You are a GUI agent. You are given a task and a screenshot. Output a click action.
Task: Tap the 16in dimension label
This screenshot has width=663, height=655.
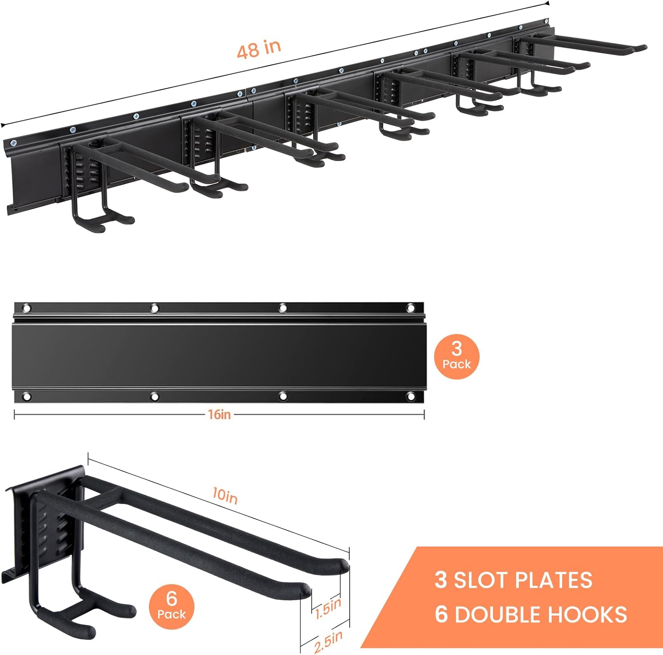tap(220, 414)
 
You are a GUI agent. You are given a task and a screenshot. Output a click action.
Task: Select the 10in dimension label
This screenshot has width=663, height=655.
tap(225, 496)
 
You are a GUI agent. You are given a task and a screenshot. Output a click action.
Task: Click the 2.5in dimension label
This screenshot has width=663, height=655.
tap(328, 641)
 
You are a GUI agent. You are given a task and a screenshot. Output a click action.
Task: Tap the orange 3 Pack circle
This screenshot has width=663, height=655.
tap(457, 356)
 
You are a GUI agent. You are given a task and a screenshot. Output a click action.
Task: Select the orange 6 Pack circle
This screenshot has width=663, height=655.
tap(171, 606)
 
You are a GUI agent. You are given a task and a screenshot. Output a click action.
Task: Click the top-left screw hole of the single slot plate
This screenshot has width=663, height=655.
tap(27, 308)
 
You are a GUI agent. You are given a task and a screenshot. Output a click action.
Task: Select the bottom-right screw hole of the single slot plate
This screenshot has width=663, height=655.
tap(411, 396)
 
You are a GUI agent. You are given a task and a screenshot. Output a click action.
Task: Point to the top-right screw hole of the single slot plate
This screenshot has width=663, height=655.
tap(411, 307)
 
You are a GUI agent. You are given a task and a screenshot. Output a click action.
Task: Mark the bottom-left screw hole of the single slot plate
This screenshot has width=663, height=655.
tap(27, 397)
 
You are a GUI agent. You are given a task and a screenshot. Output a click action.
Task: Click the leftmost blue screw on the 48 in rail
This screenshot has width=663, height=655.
tap(13, 143)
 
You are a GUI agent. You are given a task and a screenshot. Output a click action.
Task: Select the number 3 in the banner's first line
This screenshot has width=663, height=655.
tap(441, 580)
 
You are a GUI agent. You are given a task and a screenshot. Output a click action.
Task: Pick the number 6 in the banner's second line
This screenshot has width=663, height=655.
tap(441, 615)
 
